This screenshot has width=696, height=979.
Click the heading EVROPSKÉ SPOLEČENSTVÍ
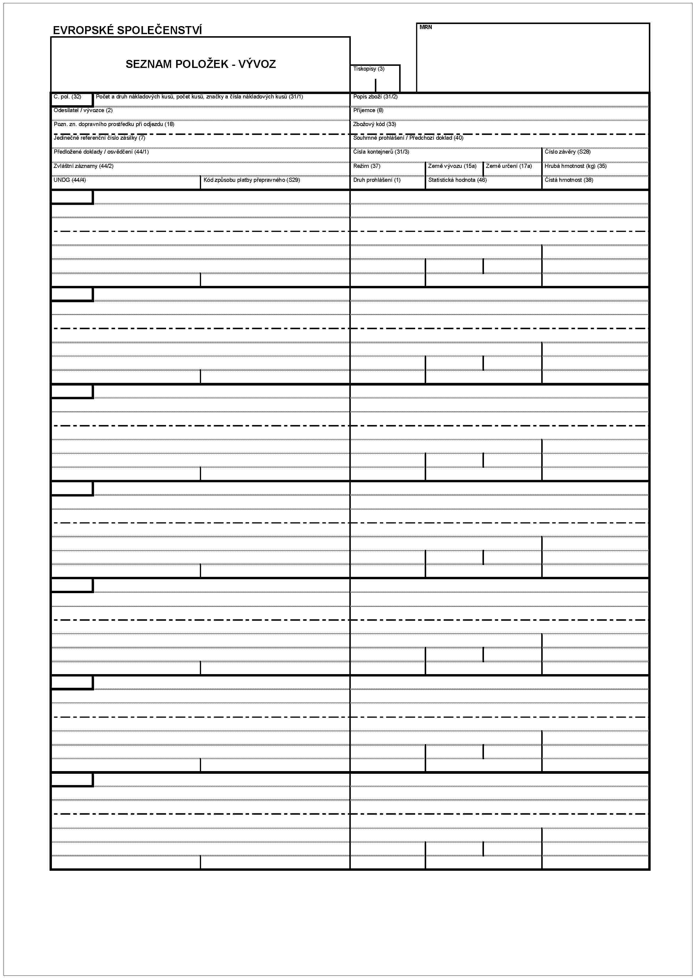coord(127,30)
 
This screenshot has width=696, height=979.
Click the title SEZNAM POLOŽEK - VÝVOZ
coord(200,64)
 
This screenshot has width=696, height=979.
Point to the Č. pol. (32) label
coord(67,97)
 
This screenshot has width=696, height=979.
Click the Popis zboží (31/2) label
coord(375,97)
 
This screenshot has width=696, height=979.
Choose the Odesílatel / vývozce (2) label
coord(83,111)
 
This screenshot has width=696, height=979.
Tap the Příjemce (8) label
coord(368,111)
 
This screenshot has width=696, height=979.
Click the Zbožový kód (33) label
coord(374,124)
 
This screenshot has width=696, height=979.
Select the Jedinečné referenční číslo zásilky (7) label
coord(99,138)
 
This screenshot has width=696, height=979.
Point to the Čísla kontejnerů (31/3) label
coord(381,152)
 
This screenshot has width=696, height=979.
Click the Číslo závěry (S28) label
coord(567,152)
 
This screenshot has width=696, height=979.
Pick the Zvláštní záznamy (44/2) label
coord(84,166)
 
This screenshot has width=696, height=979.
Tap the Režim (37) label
coord(367,166)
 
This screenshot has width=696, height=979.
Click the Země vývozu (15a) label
coord(452,166)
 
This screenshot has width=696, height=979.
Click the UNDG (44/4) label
coord(70,180)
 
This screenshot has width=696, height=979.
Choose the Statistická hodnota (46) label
coord(457,180)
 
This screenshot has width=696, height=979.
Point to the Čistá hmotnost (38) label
coord(569,180)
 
